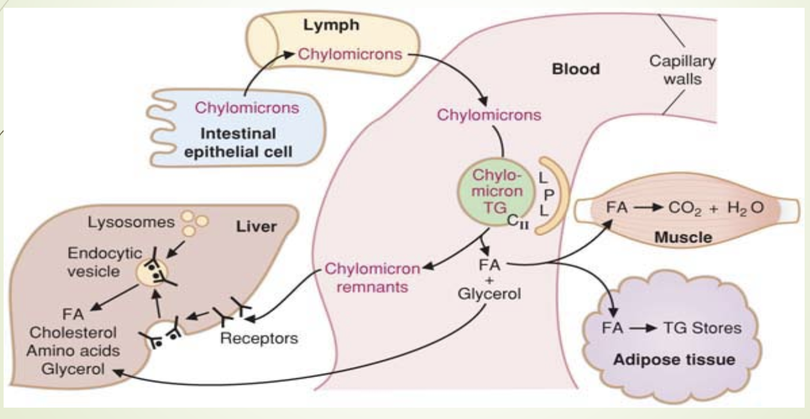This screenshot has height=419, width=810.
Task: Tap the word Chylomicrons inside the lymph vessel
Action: pyautogui.click(x=350, y=55)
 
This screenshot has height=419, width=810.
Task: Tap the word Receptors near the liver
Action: pyautogui.click(x=258, y=339)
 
